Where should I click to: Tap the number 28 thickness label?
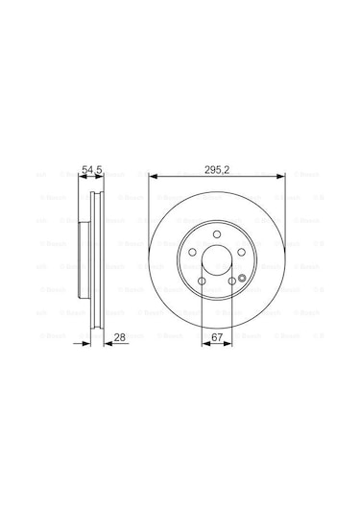pos(121,337)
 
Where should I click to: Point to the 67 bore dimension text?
pos(218,337)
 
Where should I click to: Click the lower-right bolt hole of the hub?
pos(231,281)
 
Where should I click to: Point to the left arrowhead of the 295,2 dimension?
pos(152,175)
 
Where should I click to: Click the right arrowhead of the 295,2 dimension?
pos(282,175)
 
